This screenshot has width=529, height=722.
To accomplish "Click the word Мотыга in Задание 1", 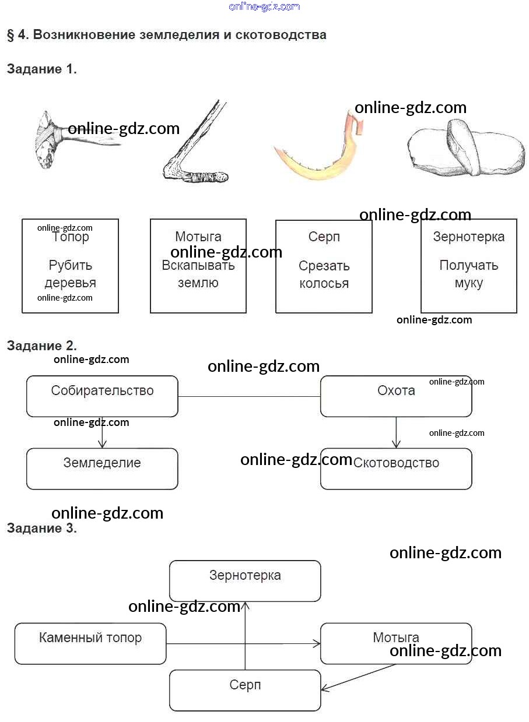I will coord(198,237).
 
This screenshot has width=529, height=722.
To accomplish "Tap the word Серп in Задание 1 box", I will coord(324,237).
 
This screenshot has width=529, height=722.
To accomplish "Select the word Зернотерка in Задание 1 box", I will coord(468,237).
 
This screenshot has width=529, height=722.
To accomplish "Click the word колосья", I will coord(324,284).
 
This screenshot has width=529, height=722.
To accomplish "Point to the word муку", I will coord(468,283).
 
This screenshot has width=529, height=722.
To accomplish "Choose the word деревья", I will coord(70,283).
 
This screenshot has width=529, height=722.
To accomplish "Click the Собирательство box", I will coord(102,396).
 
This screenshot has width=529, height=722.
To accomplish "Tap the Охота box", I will coord(396,396).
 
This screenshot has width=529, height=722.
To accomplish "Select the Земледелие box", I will coord(102,469).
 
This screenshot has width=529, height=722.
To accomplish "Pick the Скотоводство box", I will coord(396,469).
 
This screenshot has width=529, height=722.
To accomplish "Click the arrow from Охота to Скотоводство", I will coord(396,432).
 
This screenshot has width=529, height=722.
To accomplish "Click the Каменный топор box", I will coord(90,643).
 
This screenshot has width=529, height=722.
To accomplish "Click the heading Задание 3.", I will coord(41,529).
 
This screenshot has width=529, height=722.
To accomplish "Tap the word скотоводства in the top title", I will coord(281,35).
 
